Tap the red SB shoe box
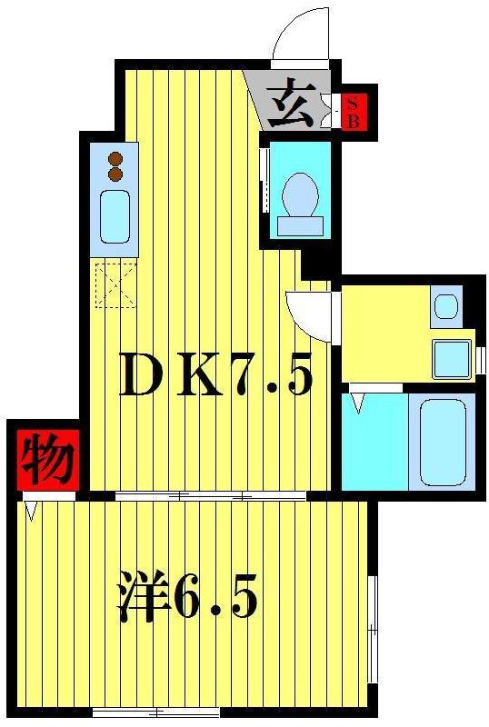[x=353, y=110]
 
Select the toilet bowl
[x=299, y=193]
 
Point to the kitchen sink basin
[x=115, y=216]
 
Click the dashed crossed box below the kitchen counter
[x=115, y=283]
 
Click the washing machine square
[x=452, y=358]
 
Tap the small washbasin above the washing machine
[x=446, y=305]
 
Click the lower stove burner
[x=115, y=173]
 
